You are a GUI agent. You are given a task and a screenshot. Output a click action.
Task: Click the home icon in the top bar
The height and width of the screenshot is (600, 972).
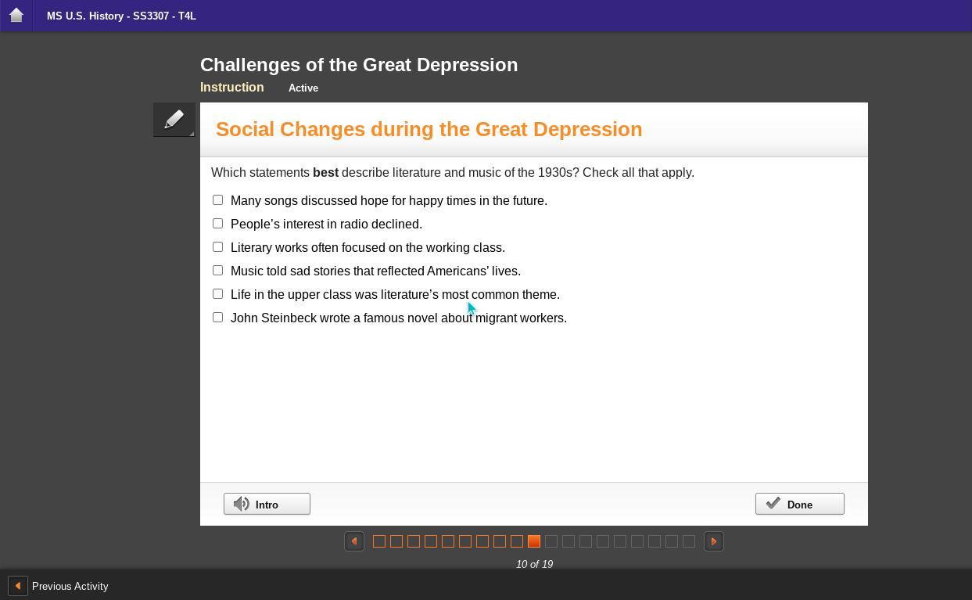pyautogui.click(x=16, y=15)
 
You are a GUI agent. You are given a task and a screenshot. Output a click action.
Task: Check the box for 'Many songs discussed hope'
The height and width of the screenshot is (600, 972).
pyautogui.click(x=218, y=199)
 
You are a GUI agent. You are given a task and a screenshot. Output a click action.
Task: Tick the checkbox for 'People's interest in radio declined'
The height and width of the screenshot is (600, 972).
pyautogui.click(x=218, y=223)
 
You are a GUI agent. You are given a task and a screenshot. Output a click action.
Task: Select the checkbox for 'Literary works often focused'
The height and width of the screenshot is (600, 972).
pyautogui.click(x=218, y=246)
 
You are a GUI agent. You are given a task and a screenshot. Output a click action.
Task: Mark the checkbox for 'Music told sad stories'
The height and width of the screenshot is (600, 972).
pyautogui.click(x=218, y=270)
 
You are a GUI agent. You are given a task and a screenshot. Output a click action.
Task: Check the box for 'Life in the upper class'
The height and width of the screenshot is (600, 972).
pyautogui.click(x=218, y=293)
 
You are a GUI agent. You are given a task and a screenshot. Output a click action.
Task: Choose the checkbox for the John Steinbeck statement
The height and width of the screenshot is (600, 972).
pyautogui.click(x=218, y=317)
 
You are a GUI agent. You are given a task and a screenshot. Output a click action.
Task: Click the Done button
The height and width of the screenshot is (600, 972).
pyautogui.click(x=800, y=504)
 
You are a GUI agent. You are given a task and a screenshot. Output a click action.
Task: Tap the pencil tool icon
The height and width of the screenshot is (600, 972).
pyautogui.click(x=174, y=120)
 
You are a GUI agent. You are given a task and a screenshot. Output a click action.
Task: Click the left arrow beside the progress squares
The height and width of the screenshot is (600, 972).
pyautogui.click(x=354, y=541)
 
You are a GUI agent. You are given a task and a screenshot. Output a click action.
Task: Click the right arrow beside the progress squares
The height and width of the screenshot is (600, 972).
pyautogui.click(x=714, y=541)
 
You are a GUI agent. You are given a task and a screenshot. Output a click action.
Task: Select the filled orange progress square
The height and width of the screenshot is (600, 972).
pyautogui.click(x=534, y=541)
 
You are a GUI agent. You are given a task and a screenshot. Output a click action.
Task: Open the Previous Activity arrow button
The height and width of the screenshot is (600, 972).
pyautogui.click(x=18, y=586)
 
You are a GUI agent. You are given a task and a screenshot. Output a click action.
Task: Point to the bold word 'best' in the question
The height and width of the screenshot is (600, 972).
pyautogui.click(x=325, y=172)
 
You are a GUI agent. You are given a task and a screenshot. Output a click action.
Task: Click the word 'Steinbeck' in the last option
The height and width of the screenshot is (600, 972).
pyautogui.click(x=289, y=318)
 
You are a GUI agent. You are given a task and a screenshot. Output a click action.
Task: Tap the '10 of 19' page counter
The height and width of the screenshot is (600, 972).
pyautogui.click(x=534, y=564)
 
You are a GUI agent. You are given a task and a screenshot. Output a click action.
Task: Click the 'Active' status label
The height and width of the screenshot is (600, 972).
pyautogui.click(x=303, y=88)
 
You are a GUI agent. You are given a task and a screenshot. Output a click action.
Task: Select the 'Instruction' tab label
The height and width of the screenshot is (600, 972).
pyautogui.click(x=231, y=88)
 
